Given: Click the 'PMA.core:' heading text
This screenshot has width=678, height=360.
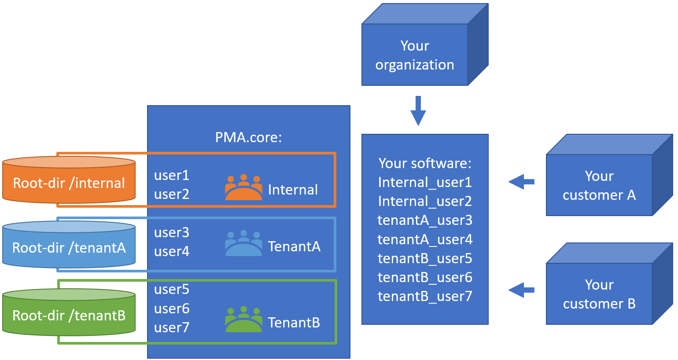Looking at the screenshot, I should [248, 137].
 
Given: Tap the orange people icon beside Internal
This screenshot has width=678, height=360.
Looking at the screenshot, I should [243, 187].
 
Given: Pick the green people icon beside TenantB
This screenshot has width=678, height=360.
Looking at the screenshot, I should [243, 320].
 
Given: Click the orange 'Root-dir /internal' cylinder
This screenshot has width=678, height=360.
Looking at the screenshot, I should [69, 182].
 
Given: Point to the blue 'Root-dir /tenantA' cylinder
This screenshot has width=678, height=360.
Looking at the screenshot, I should [69, 247].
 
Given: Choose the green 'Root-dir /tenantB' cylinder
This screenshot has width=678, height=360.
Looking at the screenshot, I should [69, 315].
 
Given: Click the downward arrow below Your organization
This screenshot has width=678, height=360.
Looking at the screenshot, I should [418, 111].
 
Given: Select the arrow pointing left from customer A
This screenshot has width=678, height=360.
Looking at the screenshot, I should [521, 181].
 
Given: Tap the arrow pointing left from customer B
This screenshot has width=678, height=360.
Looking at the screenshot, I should [521, 290].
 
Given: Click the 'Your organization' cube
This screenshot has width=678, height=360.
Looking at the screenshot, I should [414, 55].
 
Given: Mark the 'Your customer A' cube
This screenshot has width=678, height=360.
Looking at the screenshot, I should [599, 185].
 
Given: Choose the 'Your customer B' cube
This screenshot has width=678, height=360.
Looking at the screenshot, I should [599, 294].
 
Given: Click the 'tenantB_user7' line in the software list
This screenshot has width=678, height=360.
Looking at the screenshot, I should [425, 296].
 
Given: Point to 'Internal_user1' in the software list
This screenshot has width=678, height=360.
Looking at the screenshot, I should [425, 182].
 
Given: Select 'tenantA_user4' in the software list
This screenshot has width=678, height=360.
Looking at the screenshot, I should [425, 239].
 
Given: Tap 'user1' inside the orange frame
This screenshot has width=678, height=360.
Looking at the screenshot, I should [172, 175].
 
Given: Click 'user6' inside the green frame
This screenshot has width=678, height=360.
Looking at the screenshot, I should [172, 309].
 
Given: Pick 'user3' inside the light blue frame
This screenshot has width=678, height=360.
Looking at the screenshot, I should [172, 232].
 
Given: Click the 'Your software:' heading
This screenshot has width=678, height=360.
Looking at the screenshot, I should [425, 163].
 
